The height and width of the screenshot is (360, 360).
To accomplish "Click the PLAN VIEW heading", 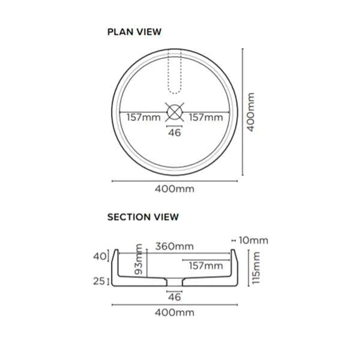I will point(134,32).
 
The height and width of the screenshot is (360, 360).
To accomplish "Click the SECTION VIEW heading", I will point(143,217).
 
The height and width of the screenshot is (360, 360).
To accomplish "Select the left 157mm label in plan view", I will point(143,117).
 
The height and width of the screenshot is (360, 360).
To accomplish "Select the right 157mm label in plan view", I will point(205,117).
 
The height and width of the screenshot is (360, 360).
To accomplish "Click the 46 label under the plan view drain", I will point(175,133).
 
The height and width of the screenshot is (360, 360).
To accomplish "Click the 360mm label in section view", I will point(175,246).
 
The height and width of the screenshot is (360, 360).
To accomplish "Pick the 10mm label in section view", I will point(253,240).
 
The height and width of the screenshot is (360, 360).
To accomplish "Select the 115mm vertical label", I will point(257,268).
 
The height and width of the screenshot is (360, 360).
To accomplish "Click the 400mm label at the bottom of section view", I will point(175,313).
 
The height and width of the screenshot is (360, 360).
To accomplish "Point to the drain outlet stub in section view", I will point(174,282).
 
